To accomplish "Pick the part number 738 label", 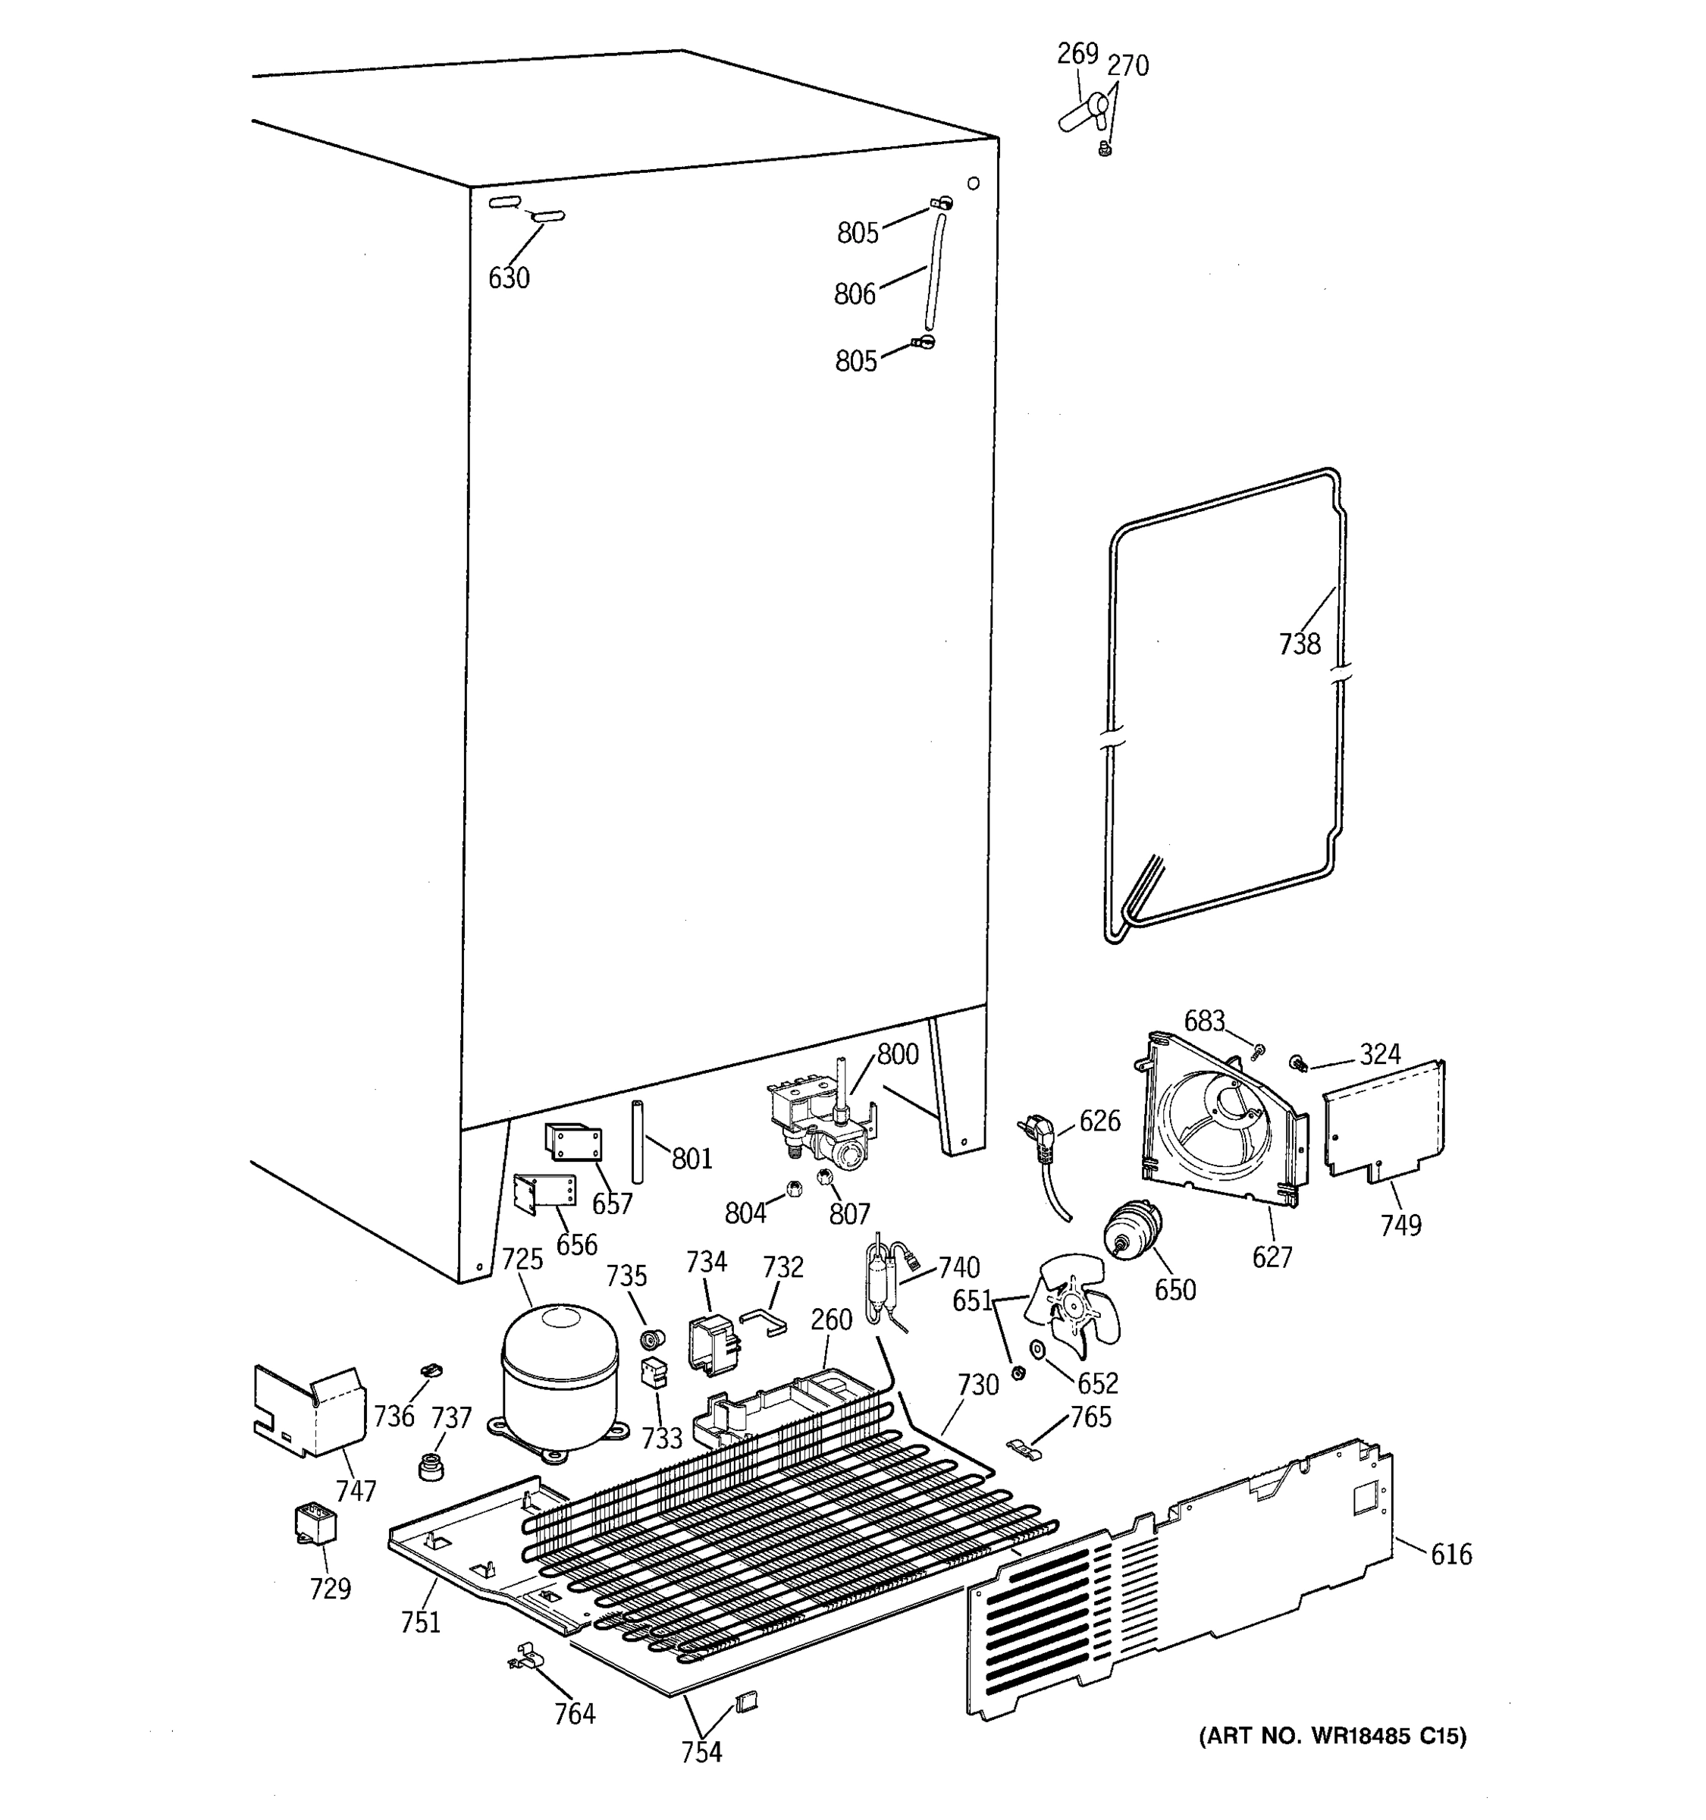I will pyautogui.click(x=1300, y=645).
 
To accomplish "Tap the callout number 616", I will pyautogui.click(x=1450, y=1555).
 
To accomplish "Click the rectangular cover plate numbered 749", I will pyautogui.click(x=1384, y=1119).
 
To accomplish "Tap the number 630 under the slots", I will pyautogui.click(x=509, y=278).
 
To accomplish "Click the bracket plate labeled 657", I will pyautogui.click(x=574, y=1144).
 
